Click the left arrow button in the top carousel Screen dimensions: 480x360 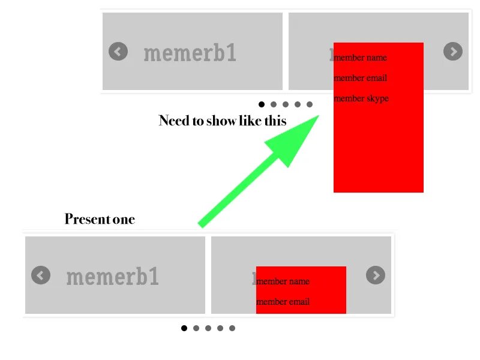[x=118, y=52]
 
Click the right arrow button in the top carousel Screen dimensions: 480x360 [x=453, y=52]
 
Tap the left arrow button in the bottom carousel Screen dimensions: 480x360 [x=41, y=275]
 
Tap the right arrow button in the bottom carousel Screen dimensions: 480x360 [x=376, y=275]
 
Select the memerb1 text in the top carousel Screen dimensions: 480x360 [x=190, y=53]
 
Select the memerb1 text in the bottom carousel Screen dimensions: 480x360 [x=113, y=277]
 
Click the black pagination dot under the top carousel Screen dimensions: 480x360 [x=262, y=104]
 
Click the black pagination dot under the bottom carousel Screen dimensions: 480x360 [x=184, y=328]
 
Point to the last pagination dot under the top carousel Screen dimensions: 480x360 [x=310, y=104]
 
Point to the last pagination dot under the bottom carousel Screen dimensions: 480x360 [x=232, y=328]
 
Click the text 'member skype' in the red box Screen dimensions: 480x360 [x=361, y=98]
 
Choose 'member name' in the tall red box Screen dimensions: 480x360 [x=361, y=58]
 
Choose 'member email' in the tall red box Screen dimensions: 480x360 [x=361, y=78]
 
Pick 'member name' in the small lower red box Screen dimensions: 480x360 [x=283, y=281]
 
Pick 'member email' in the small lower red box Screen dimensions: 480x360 [x=283, y=302]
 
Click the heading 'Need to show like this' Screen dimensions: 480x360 [x=223, y=121]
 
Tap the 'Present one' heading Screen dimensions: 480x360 [x=100, y=220]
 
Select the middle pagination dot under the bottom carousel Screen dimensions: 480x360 [x=208, y=328]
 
